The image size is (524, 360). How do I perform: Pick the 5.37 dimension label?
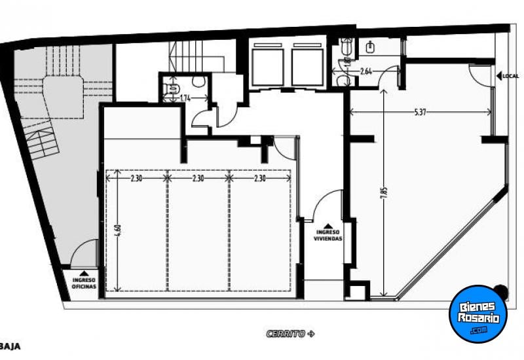[x=421, y=113]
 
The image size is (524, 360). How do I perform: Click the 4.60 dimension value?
[x=117, y=231]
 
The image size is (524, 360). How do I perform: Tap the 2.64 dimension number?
[x=367, y=72]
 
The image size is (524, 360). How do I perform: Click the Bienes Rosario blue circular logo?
[x=478, y=313]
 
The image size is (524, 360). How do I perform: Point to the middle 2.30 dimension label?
[x=198, y=177]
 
